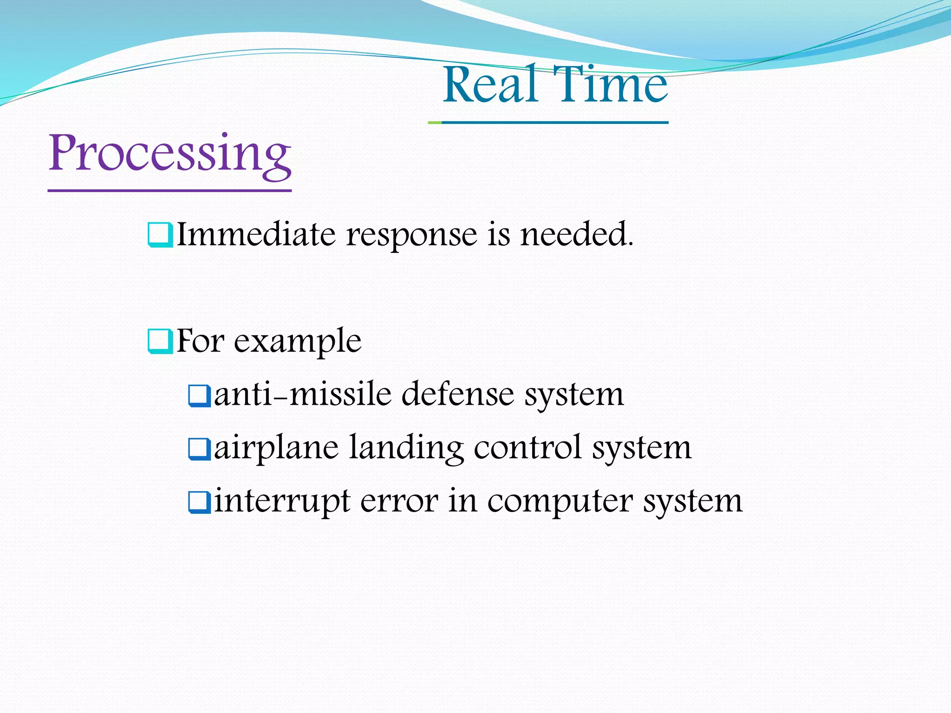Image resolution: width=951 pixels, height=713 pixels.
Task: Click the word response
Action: pos(411,235)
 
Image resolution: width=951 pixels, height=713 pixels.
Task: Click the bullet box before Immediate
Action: pos(160,235)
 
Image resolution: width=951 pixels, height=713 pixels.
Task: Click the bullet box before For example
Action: pos(160,342)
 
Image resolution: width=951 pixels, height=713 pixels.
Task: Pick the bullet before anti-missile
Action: pos(200,395)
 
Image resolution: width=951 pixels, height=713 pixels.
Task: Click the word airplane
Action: pos(276,448)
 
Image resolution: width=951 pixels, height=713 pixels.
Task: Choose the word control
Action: pos(528,447)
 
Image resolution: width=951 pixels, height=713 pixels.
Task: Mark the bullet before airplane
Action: pos(200,449)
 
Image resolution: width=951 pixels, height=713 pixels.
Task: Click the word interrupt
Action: pos(282,502)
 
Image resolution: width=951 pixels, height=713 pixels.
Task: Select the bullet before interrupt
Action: pos(200,502)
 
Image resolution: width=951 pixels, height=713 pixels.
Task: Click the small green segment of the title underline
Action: pos(435,123)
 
